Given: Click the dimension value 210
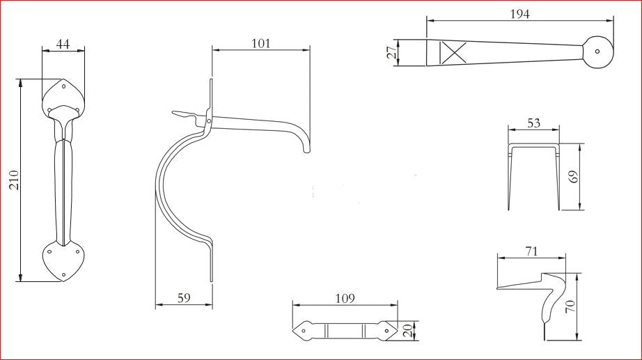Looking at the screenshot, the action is coord(15,180).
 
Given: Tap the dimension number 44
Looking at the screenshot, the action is coord(63,43).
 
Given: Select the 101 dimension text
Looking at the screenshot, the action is coord(261,43).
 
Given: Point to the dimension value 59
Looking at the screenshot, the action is coord(185,298).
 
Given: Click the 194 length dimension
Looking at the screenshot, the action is coord(520,14).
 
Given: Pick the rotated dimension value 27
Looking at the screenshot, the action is coord(392,52).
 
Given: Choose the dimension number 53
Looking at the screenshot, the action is coord(533,123).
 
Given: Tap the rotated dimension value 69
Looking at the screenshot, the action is coord(574,177).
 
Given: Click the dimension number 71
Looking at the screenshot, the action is coord(531,251).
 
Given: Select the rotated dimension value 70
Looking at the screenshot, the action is coord(571,306).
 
